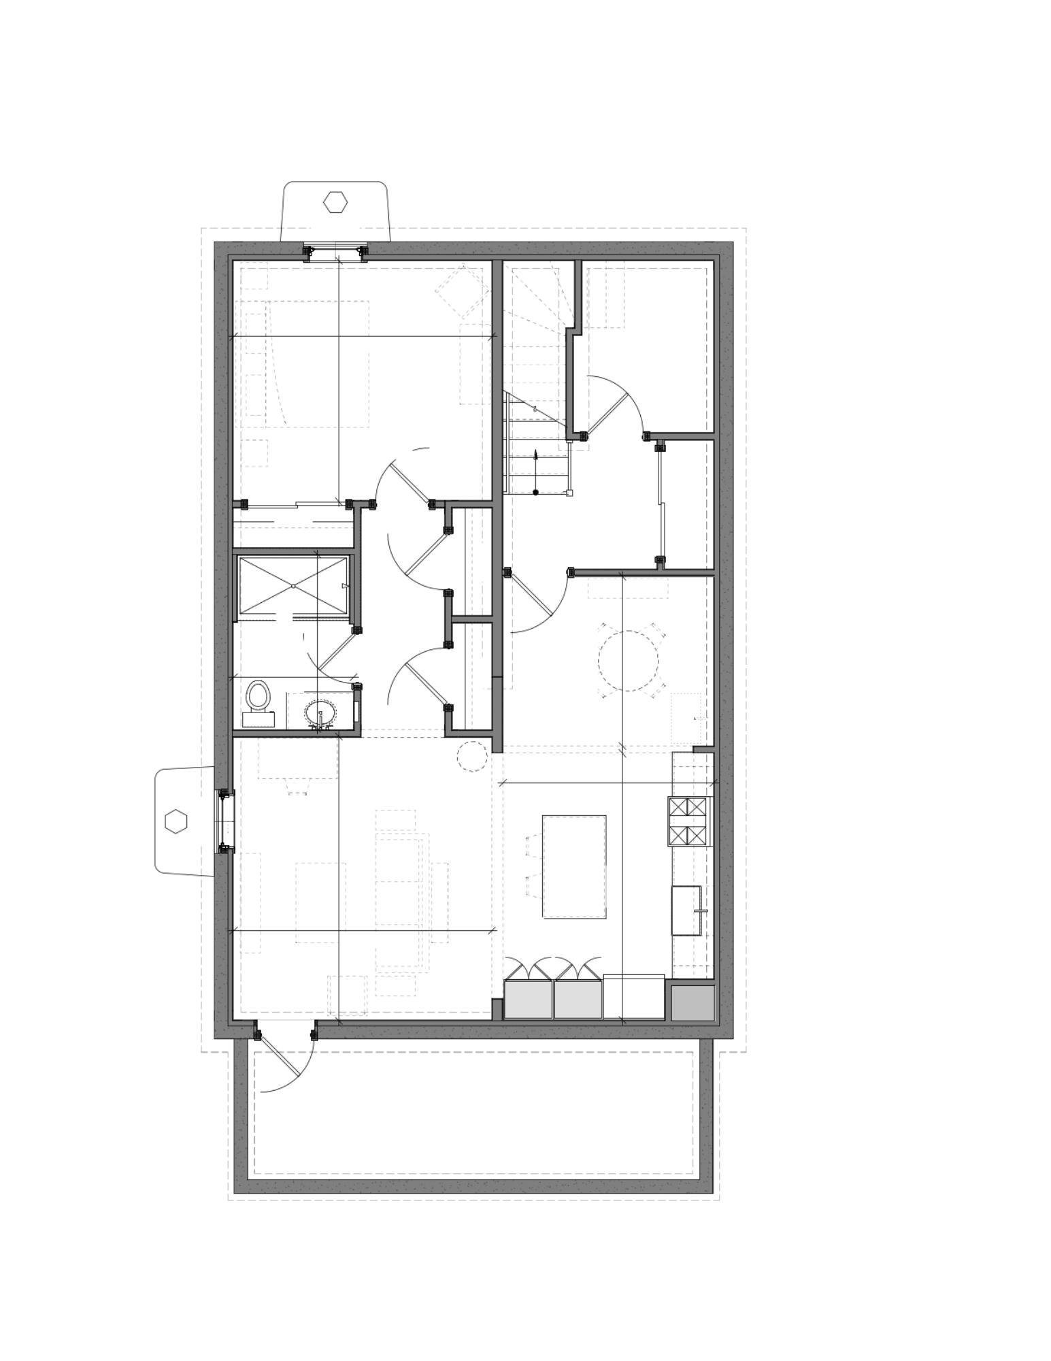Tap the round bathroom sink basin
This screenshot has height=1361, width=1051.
pos(320,713)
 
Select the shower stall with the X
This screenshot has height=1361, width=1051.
pos(293,585)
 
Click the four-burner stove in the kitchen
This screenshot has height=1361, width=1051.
pos(688,821)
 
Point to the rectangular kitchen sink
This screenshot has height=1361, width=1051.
pos(686,911)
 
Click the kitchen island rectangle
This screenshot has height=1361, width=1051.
pos(573,866)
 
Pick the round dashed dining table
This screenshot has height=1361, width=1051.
pos(628,661)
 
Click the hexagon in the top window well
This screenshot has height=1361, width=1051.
pos(335,202)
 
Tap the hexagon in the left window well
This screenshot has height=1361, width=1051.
pos(176,821)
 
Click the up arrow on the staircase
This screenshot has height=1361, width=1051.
pos(535,466)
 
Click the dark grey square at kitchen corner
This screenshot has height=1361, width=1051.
pos(693,1002)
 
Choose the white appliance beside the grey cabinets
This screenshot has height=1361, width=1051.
pos(633,998)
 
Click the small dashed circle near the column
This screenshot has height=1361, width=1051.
pos(471,757)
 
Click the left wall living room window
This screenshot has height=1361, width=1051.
pos(224,821)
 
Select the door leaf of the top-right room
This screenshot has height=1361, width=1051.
pos(607,414)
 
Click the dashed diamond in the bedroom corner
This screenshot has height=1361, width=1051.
pos(463,291)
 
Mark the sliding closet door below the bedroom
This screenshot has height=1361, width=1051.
pos(296,506)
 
